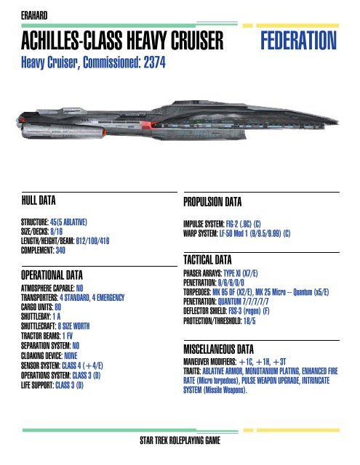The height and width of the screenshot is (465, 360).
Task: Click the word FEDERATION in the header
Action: [298, 41]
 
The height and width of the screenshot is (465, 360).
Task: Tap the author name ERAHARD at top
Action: [34, 15]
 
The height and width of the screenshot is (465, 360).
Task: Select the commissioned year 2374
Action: [154, 62]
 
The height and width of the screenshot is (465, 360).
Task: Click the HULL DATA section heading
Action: [39, 201]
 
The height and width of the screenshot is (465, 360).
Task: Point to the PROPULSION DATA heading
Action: [212, 202]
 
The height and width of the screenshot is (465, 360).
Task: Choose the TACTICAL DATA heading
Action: [207, 260]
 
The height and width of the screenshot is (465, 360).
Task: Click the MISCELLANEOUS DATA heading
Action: [218, 349]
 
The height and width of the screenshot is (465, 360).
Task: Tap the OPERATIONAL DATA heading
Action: [52, 275]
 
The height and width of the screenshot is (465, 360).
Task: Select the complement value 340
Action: [60, 250]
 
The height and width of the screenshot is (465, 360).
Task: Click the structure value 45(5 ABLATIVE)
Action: [68, 222]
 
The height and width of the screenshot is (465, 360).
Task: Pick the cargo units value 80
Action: [58, 307]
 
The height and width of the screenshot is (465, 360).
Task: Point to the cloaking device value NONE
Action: [71, 355]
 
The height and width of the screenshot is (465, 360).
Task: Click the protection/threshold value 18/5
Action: [249, 321]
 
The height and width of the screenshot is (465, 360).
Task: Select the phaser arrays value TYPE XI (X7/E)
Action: [241, 273]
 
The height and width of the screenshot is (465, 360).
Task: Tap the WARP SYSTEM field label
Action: [200, 234]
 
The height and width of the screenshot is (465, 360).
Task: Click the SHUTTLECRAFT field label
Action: [39, 326]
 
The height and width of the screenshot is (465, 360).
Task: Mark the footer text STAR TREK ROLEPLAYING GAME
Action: [180, 440]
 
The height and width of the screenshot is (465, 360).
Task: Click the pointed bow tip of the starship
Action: [338, 121]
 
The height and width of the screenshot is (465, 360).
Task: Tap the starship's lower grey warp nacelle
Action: [63, 131]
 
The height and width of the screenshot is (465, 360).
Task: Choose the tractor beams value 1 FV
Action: [68, 336]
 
